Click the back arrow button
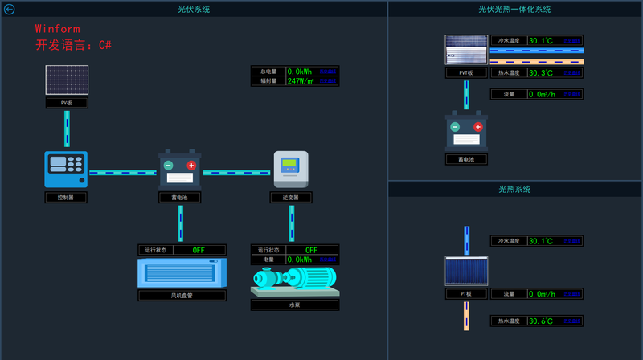10,10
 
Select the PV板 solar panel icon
67,81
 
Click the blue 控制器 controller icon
66,170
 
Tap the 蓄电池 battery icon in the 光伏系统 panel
180,170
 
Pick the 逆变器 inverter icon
290,170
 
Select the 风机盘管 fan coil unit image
182,273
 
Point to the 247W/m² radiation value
301,80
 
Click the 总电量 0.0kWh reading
301,71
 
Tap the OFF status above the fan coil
199,250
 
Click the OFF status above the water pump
311,250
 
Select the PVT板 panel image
466,50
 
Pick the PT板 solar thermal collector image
466,272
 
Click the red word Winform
57,29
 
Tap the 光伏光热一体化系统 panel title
514,10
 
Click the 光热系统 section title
514,190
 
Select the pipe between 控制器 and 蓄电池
122,172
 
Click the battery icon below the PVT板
466,131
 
